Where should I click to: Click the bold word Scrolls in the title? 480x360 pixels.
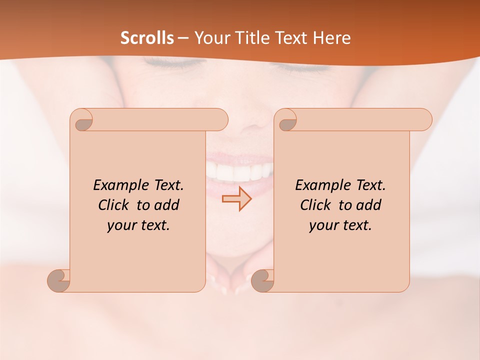(147, 38)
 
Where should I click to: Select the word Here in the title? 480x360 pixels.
(332, 38)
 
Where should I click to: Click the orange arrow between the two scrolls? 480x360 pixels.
(236, 199)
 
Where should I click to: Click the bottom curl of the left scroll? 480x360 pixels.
(59, 280)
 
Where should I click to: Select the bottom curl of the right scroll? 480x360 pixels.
(262, 280)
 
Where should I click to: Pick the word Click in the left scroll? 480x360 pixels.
(114, 205)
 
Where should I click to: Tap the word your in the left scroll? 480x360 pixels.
(120, 225)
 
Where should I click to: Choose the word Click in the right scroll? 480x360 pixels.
(316, 205)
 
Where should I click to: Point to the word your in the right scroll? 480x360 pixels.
(322, 225)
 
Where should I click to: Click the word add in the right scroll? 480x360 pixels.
(368, 205)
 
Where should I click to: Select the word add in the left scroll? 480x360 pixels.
(166, 205)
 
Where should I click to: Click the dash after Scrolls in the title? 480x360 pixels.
(183, 38)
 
